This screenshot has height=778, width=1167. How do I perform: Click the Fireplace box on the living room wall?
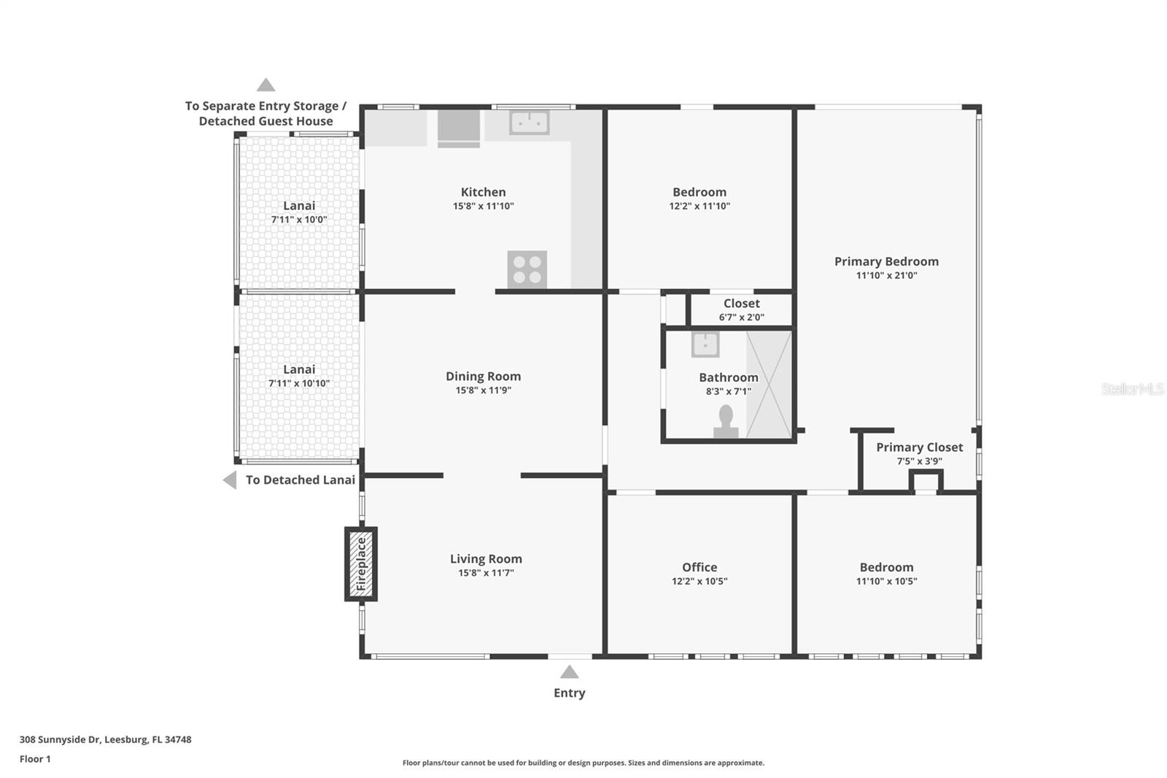pos(360,563)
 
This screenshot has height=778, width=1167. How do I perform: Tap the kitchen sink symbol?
pos(530,123)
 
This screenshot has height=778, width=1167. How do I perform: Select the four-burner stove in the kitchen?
pos(527,269)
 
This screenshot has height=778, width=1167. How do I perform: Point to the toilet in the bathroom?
pos(726,422)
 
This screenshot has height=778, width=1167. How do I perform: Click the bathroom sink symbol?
pos(705,344)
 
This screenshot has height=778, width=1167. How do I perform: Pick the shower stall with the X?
pos(769,385)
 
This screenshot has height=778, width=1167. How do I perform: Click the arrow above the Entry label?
pos(570,671)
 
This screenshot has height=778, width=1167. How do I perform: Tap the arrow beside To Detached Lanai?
pos(230,479)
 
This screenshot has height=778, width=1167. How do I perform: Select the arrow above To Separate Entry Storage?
pos(265,85)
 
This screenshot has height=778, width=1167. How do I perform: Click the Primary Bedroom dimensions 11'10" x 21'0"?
pos(887,275)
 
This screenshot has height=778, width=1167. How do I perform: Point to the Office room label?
pos(699,567)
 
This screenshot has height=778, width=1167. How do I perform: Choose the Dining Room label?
pos(484,376)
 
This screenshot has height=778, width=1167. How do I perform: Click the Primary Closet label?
pos(920,447)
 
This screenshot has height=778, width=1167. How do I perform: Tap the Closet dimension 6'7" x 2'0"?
pos(742,317)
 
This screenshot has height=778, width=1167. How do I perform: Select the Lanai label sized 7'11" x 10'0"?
pos(299,206)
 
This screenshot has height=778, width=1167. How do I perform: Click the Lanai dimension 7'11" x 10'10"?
pos(299,383)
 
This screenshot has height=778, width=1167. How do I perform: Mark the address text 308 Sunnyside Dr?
pos(60,739)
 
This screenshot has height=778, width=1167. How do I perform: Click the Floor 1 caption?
pos(35,759)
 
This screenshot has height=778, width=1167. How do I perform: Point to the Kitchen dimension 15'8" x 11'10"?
pos(484,206)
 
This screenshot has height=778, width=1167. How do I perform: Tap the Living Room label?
pos(486,558)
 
